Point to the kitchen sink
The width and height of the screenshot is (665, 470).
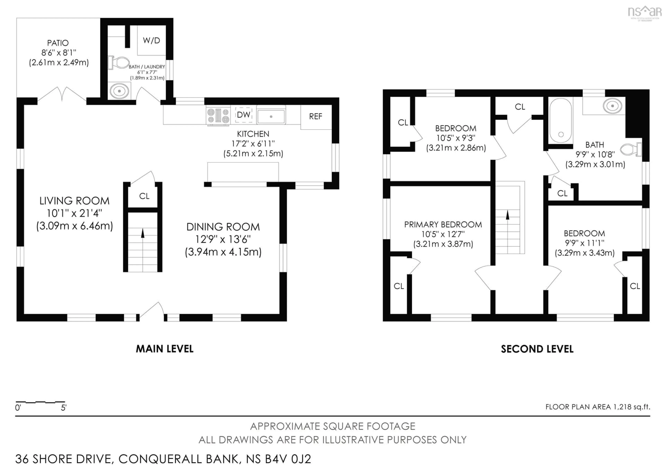click(x=271, y=116)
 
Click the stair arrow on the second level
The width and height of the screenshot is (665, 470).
click(x=507, y=215)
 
